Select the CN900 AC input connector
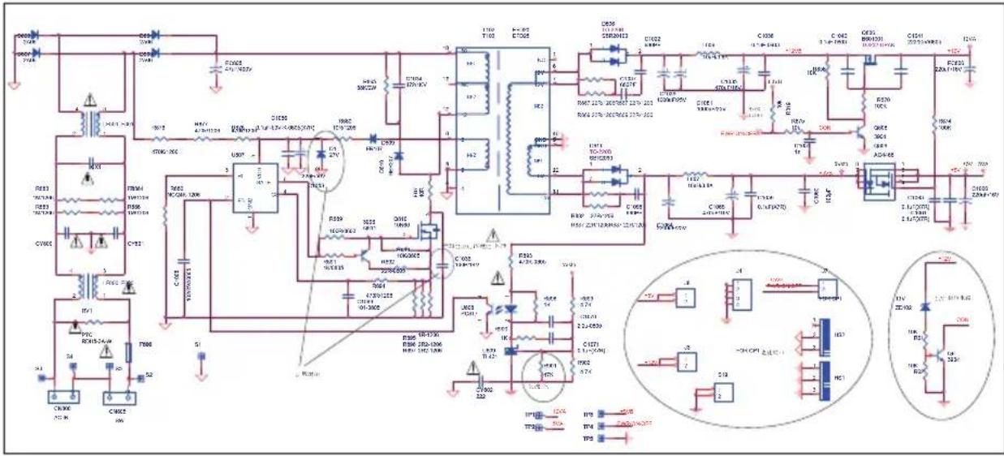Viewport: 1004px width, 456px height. (62, 399)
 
